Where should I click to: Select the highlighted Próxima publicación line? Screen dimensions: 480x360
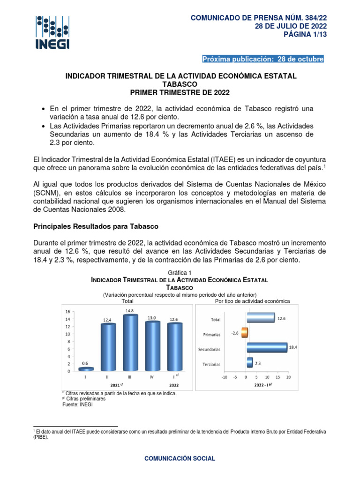click(262, 59)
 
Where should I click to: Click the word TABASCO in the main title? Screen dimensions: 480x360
click(180, 83)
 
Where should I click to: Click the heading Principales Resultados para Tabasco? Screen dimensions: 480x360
click(96, 226)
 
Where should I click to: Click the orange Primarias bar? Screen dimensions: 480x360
click(244, 333)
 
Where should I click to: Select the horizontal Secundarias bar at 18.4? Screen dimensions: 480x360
click(266, 347)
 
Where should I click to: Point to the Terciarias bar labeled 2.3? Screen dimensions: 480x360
click(249, 362)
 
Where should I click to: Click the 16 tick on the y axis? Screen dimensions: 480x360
click(67, 312)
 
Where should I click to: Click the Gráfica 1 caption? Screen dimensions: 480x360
click(180, 273)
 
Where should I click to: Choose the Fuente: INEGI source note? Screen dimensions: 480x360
click(78, 405)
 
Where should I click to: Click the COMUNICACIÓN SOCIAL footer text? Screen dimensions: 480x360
click(180, 458)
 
